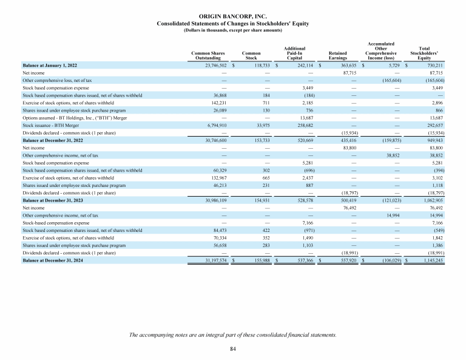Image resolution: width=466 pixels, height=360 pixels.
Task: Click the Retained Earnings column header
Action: pos(337,56)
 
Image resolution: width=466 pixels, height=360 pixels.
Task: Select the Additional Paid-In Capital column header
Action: pos(294,53)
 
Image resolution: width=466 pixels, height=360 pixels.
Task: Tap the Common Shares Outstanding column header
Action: pos(209,56)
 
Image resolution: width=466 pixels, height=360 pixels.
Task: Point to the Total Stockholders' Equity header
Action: pos(424,53)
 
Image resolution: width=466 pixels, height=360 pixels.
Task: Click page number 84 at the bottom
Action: pos(233,349)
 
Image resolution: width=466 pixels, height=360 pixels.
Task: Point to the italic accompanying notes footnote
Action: pos(233,335)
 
